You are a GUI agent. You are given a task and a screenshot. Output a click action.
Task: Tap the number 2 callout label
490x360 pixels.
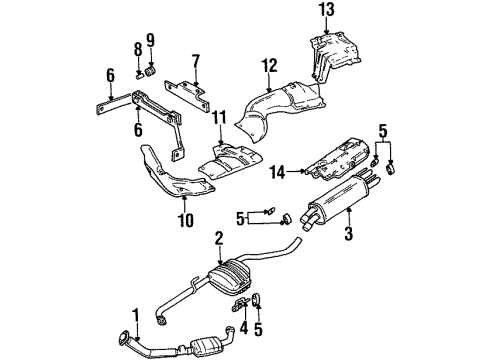(x=218, y=237)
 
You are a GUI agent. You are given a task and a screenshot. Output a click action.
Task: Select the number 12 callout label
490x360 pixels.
(x=268, y=67)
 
